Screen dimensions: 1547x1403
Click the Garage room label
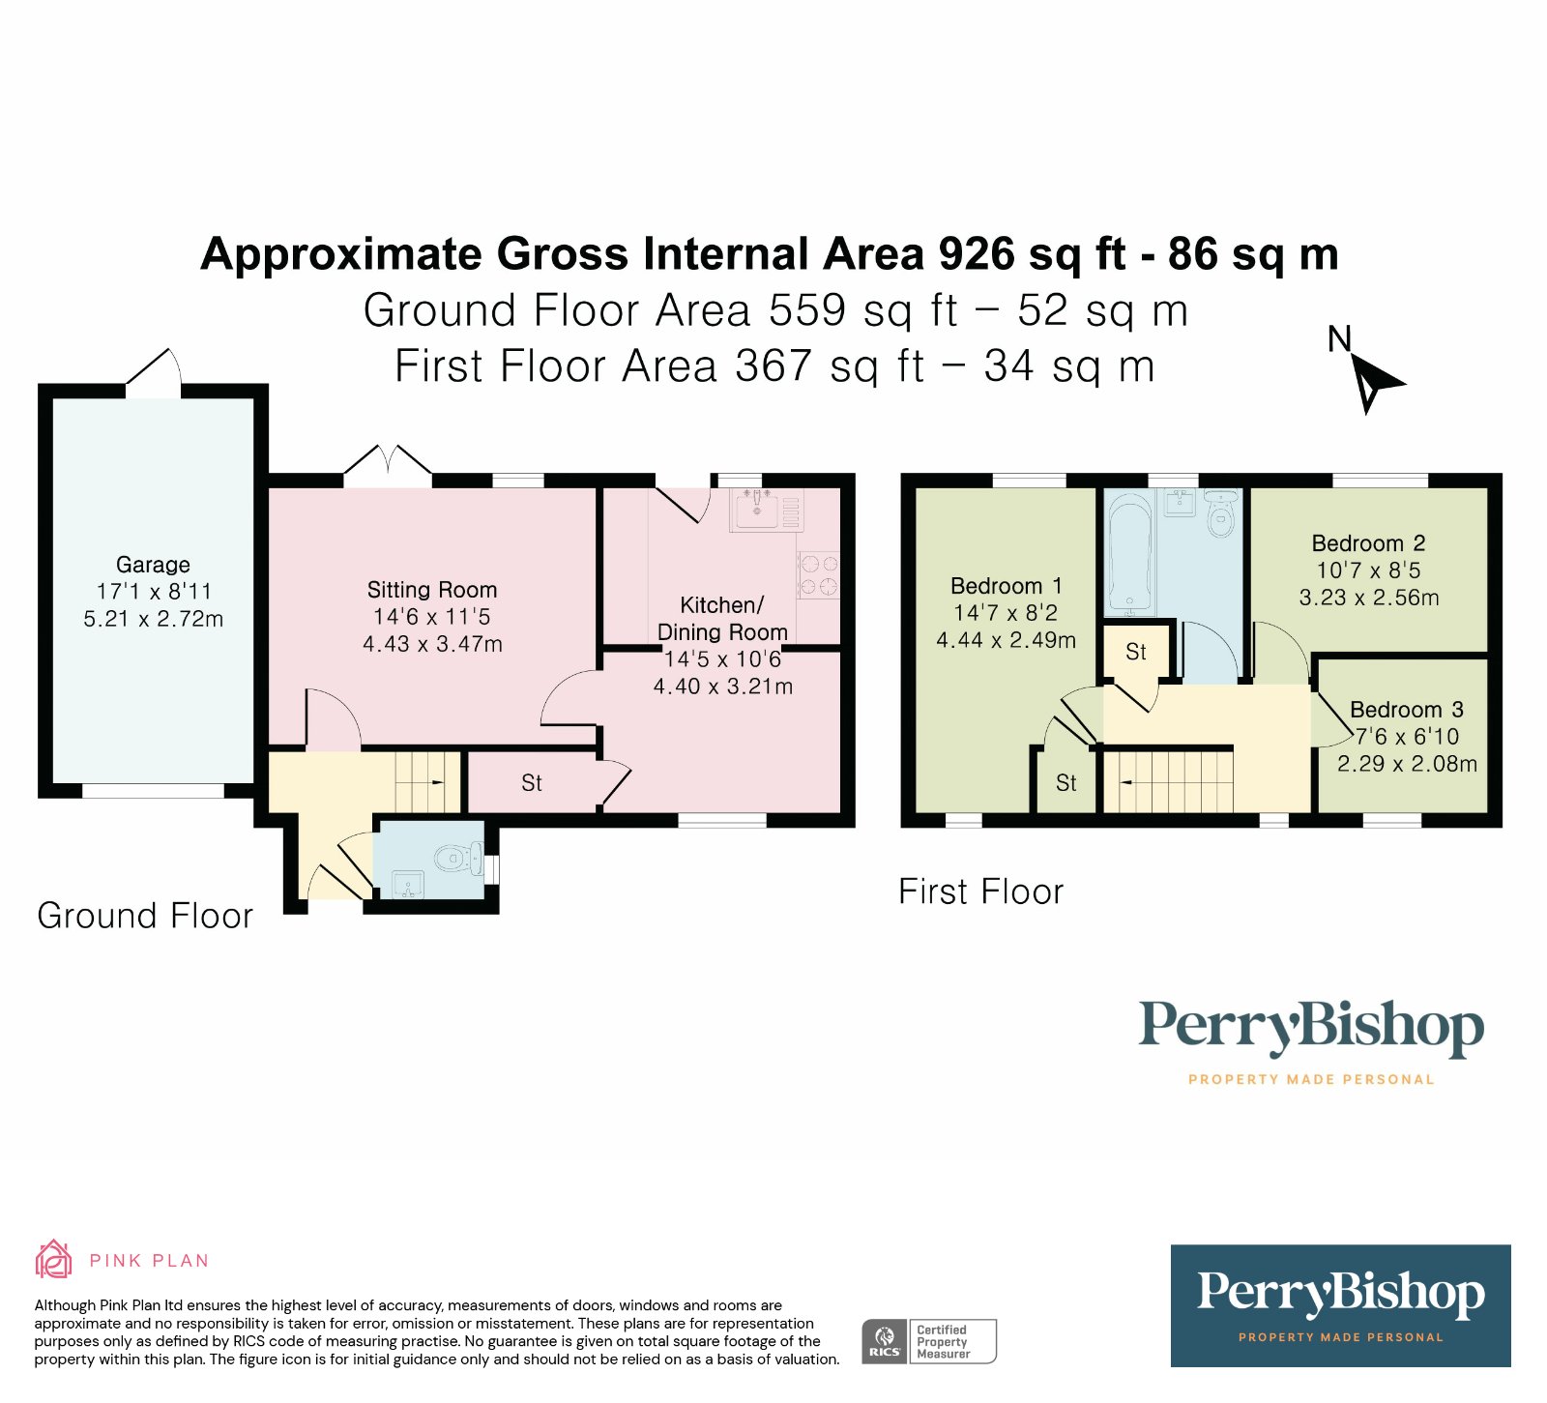153,565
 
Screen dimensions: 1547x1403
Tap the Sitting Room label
432,590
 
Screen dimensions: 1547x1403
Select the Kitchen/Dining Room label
722,619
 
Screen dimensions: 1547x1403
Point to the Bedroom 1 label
1007,586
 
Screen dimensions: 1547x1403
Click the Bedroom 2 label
1368,543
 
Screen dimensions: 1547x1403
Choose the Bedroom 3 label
1407,710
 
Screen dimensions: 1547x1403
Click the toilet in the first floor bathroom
1221,512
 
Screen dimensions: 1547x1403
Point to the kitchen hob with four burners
818,575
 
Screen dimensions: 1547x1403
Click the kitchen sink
757,510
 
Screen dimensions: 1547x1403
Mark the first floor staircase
1169,782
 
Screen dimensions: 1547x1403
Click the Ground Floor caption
145,916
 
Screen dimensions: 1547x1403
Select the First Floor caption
980,891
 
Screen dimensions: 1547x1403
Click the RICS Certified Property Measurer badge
929,1341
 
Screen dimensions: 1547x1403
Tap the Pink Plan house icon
53,1259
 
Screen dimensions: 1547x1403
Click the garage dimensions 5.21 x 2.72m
153,619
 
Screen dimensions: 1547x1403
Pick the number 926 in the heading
976,254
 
